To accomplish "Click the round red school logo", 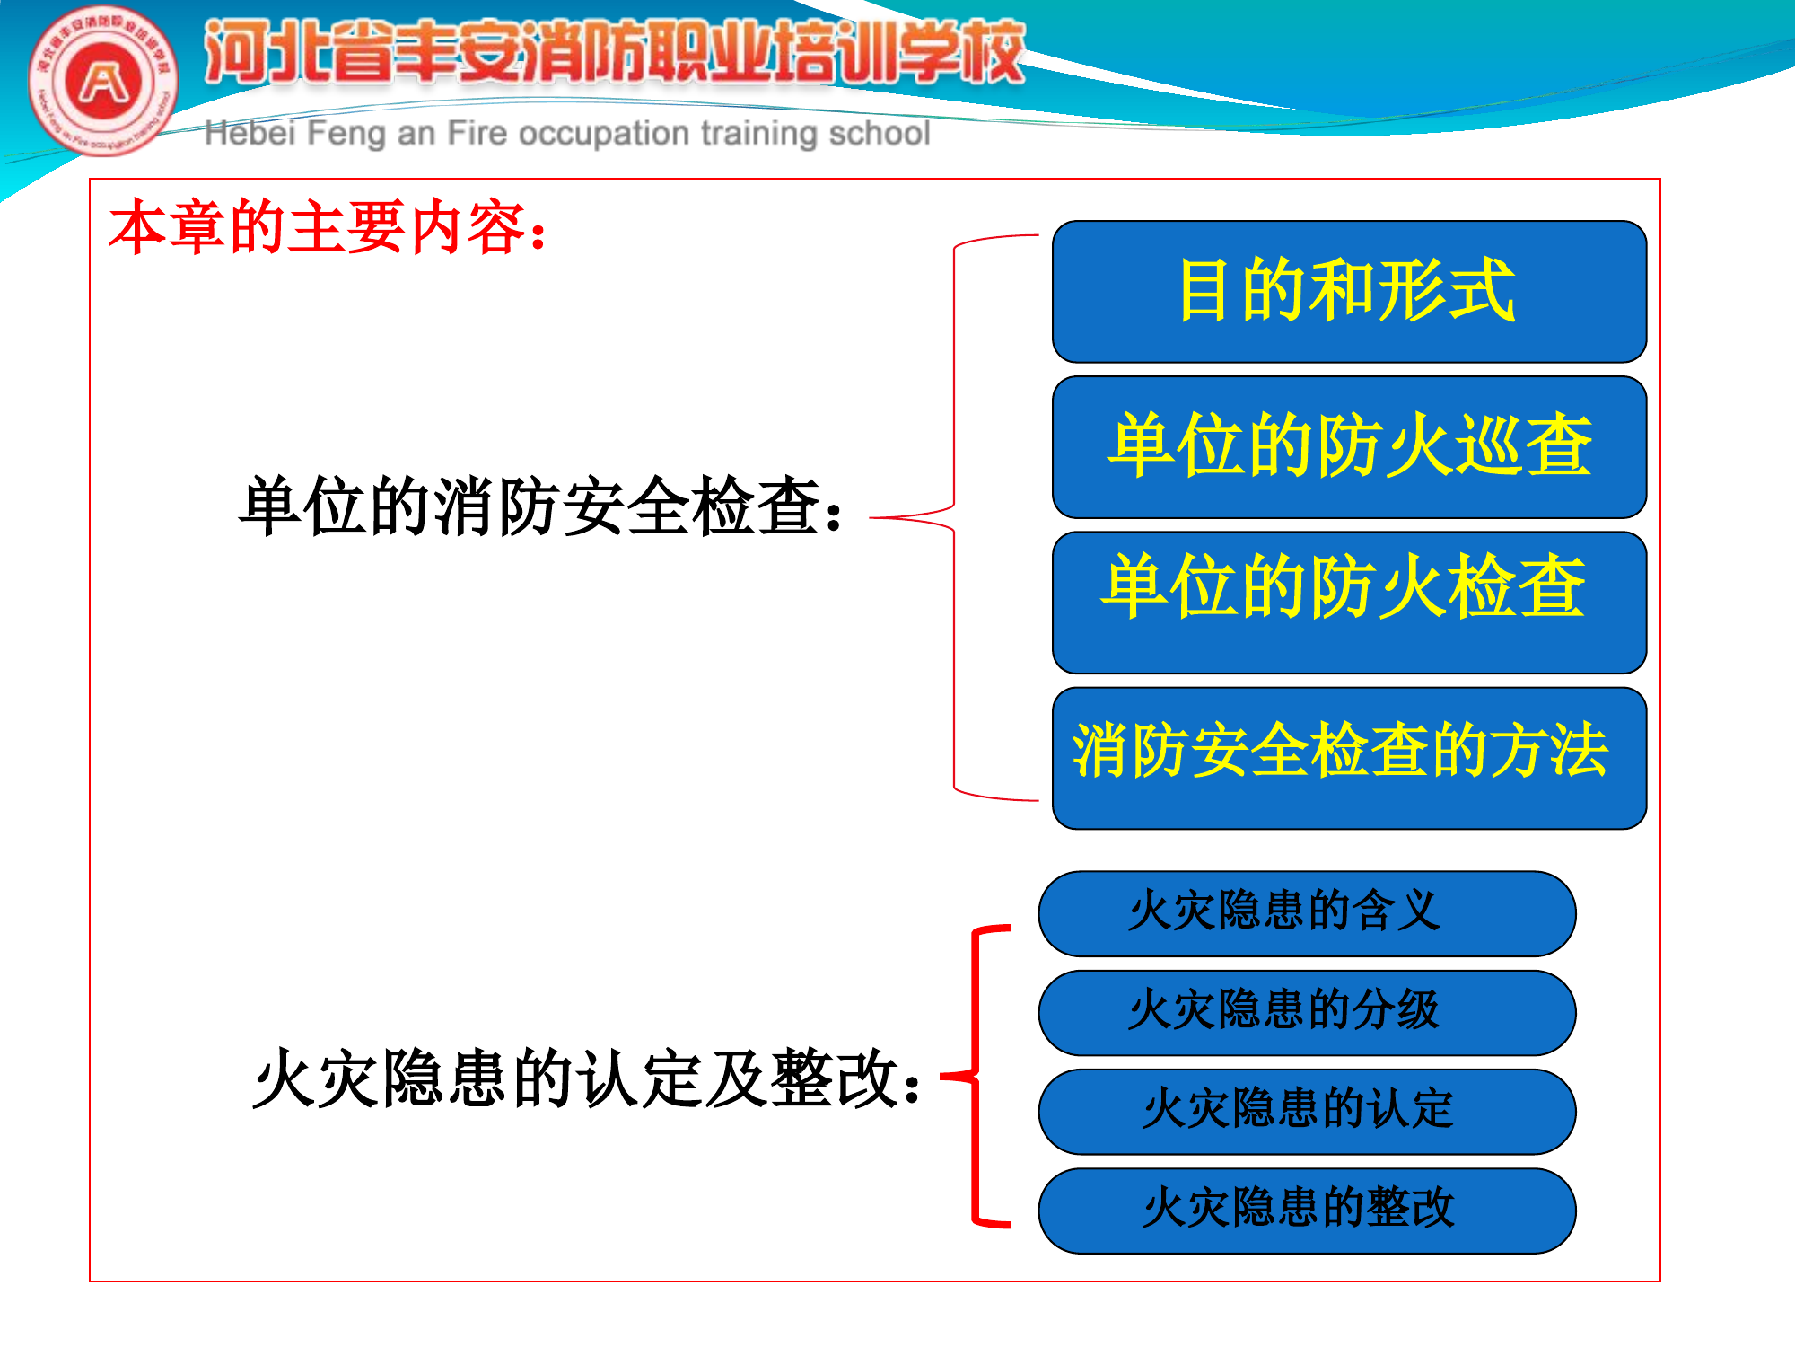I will [x=103, y=82].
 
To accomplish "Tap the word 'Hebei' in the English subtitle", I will [x=250, y=133].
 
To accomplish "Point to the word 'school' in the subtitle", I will [x=879, y=133].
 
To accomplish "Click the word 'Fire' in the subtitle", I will [x=477, y=133].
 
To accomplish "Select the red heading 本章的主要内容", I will [x=328, y=227].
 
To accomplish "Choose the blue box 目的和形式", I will [x=1349, y=291].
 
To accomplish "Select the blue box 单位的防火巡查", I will [x=1349, y=446].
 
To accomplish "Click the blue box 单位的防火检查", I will [x=1349, y=602].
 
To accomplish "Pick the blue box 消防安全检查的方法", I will [x=1349, y=757].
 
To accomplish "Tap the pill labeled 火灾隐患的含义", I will [x=1307, y=913].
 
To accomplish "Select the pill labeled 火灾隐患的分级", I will [x=1307, y=1012].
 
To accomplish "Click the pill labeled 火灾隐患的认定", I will [x=1307, y=1111].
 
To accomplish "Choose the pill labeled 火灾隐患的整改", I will [x=1307, y=1210].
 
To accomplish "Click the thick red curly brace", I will [x=976, y=1074].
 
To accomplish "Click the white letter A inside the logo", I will [x=104, y=83].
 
